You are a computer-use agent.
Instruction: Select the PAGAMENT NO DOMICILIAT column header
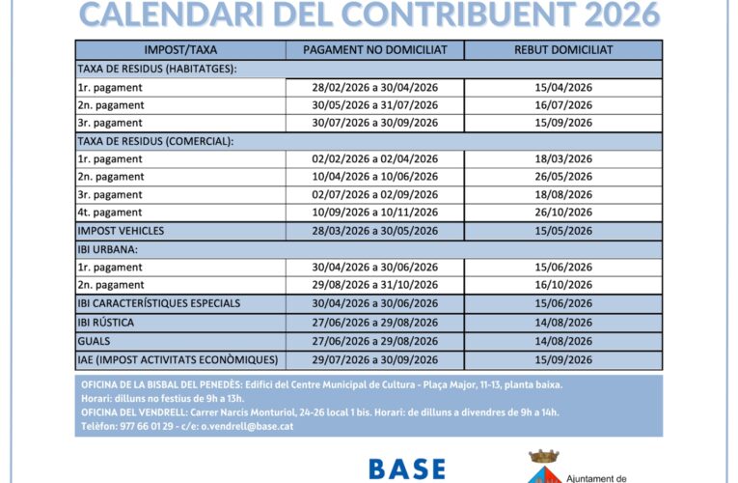[374, 50]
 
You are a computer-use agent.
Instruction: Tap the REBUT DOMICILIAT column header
[563, 50]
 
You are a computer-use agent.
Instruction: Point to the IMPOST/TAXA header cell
[180, 50]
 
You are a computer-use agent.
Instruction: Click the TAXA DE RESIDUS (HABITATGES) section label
[156, 69]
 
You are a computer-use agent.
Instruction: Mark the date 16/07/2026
[563, 105]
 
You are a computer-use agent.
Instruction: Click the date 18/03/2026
[563, 159]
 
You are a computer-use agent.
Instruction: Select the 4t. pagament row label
[110, 213]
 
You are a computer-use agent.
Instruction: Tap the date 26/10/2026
[563, 213]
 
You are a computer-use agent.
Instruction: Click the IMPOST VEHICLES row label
[121, 231]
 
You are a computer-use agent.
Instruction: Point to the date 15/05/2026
[563, 231]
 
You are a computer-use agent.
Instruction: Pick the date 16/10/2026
[563, 285]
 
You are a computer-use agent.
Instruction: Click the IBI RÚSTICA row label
[106, 322]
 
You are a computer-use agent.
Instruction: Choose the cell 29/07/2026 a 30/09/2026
[374, 359]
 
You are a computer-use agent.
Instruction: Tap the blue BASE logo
[407, 469]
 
